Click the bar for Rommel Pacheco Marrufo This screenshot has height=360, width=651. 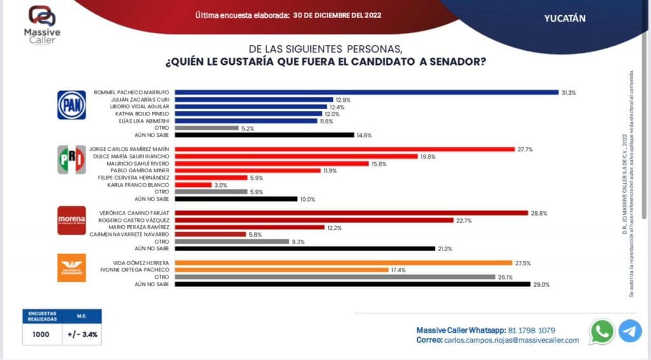click(x=366, y=92)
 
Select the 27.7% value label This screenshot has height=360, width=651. click(x=525, y=149)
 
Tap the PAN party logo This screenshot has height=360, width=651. click(x=71, y=105)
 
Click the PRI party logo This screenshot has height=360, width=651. click(x=71, y=160)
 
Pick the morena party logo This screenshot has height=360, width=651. click(x=71, y=220)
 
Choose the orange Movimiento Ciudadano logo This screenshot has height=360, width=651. click(x=71, y=268)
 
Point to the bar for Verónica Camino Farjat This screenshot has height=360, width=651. click(x=351, y=213)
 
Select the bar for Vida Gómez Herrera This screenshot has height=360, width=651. click(x=343, y=263)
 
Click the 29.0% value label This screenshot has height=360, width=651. click(x=541, y=285)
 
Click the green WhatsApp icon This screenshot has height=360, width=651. click(x=601, y=331)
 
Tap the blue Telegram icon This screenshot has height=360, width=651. click(x=630, y=331)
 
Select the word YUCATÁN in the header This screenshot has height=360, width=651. click(x=565, y=18)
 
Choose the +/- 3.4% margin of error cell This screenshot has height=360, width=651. click(x=81, y=334)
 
